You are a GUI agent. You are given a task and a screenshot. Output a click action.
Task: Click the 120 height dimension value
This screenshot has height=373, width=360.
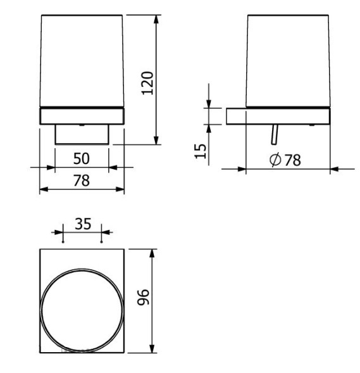click(x=147, y=82)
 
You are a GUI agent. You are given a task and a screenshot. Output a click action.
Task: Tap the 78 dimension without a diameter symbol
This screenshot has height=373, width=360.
click(x=81, y=180)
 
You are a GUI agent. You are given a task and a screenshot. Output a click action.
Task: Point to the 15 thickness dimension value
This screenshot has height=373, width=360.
click(x=200, y=150)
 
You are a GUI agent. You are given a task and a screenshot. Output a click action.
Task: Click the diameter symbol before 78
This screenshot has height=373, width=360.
click(x=276, y=160)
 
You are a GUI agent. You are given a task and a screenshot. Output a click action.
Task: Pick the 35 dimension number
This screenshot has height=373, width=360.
click(x=83, y=224)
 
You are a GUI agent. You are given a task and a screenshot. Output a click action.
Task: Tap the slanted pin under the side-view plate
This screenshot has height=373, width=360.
click(x=274, y=134)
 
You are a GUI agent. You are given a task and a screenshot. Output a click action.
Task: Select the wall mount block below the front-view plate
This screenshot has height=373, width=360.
click(x=82, y=135)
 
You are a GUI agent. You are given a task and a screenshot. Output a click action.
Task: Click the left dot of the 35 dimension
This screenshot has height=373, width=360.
click(x=64, y=241)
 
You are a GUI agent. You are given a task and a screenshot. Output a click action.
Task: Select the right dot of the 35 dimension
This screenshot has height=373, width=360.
click(x=102, y=241)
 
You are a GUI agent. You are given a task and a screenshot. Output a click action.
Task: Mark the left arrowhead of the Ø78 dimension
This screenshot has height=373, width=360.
click(x=243, y=169)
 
